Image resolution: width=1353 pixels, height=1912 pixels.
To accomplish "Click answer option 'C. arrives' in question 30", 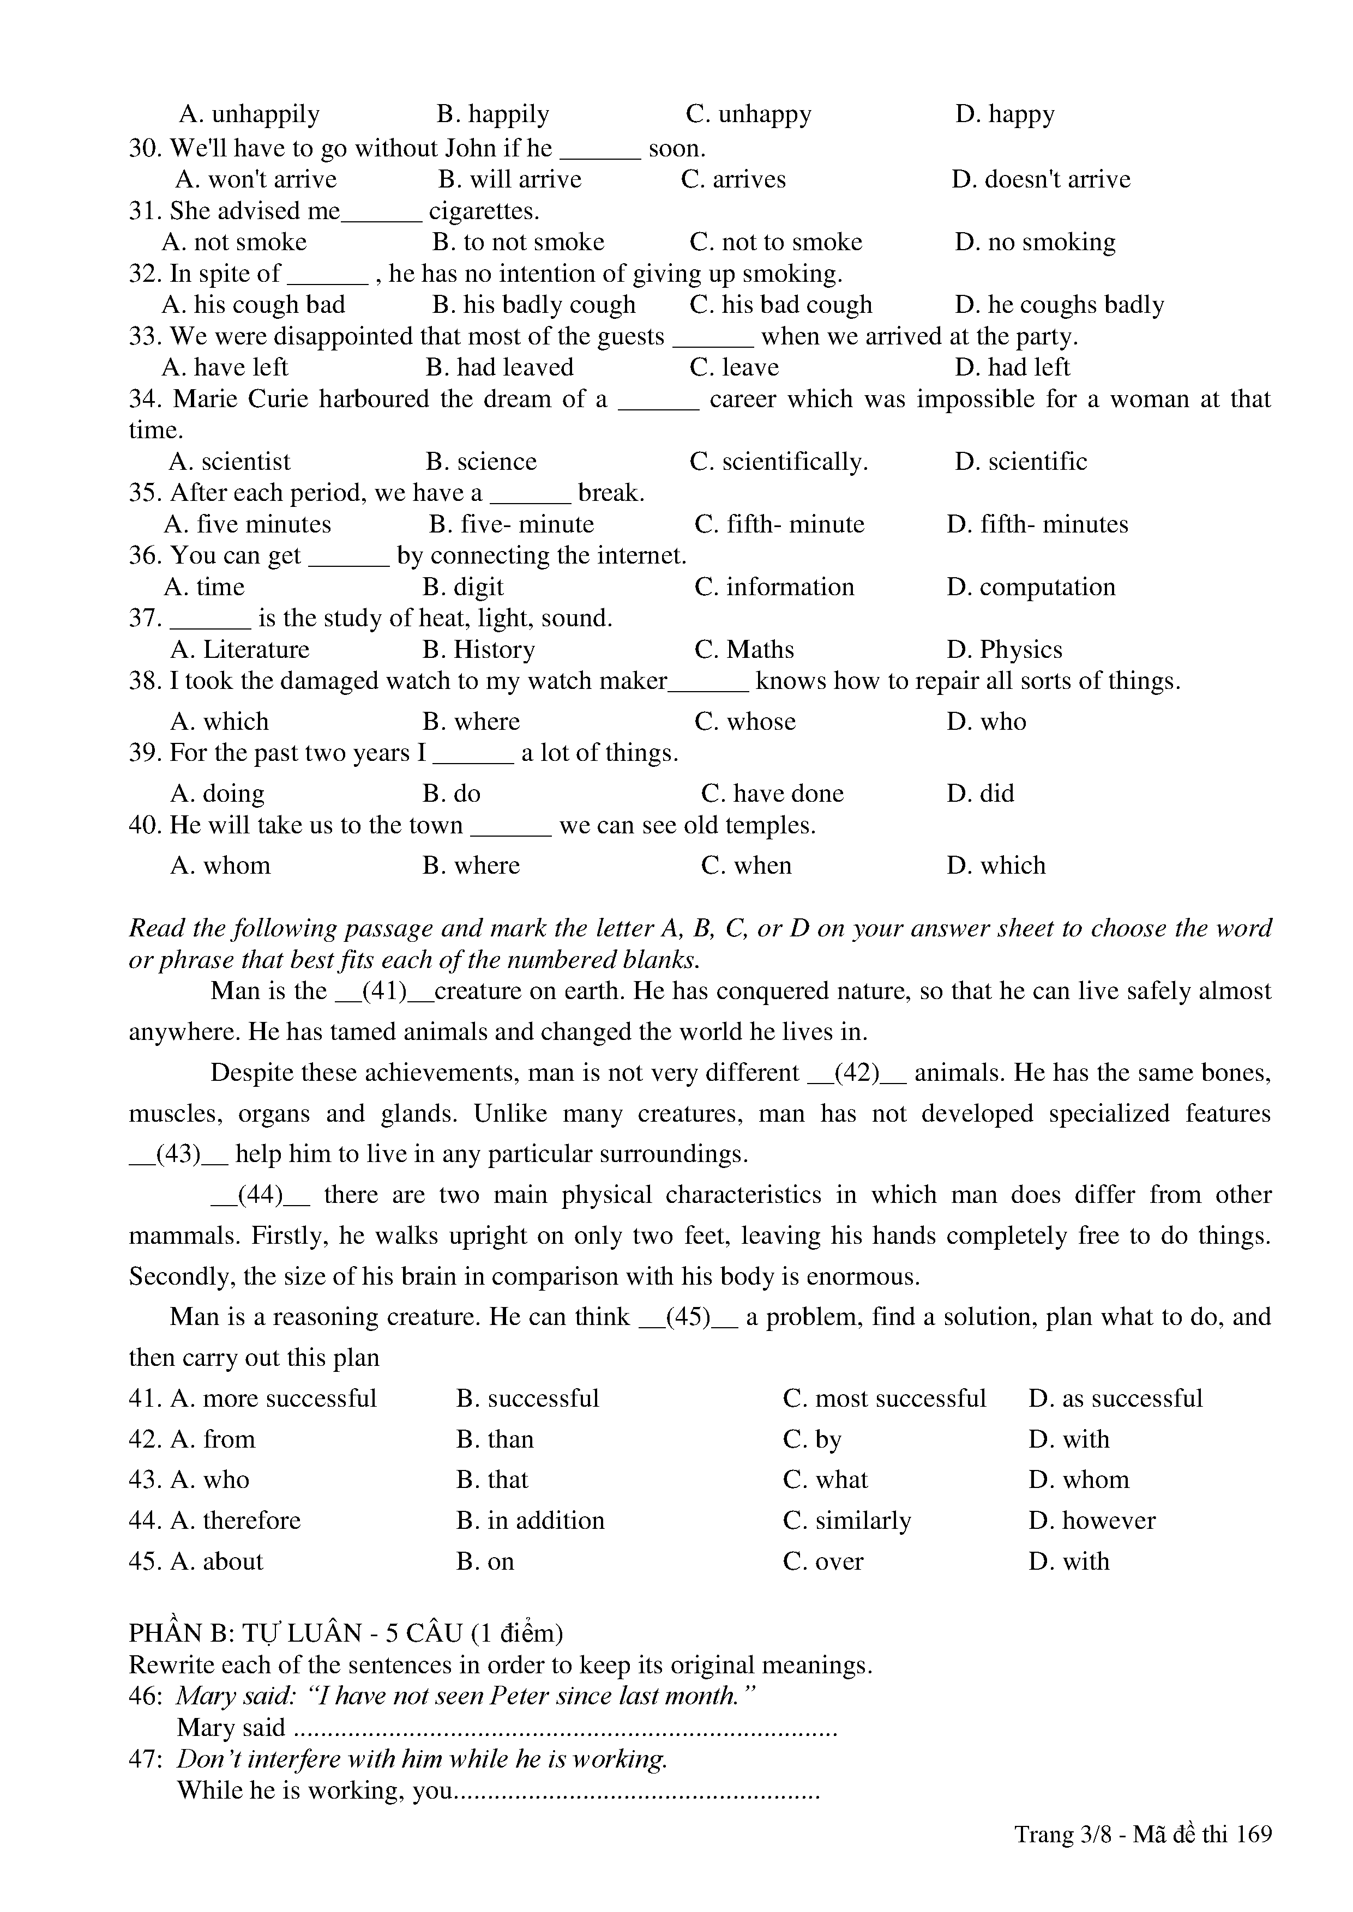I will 733,180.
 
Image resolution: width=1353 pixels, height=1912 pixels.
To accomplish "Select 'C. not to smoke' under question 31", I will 775,243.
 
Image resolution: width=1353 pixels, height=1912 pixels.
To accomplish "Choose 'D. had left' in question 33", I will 1012,367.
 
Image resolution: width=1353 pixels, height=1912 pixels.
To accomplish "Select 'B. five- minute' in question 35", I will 512,525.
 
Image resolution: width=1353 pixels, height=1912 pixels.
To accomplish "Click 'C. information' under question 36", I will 774,587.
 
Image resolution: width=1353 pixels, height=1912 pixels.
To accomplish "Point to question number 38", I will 144,681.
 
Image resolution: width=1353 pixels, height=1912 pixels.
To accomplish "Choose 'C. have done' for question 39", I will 772,794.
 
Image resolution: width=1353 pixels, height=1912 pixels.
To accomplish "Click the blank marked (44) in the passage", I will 260,1195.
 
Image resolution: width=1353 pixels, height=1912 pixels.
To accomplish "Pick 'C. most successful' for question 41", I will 884,1398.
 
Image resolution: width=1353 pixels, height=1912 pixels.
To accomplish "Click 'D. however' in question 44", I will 1091,1521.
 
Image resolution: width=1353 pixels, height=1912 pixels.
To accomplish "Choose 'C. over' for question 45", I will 823,1562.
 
